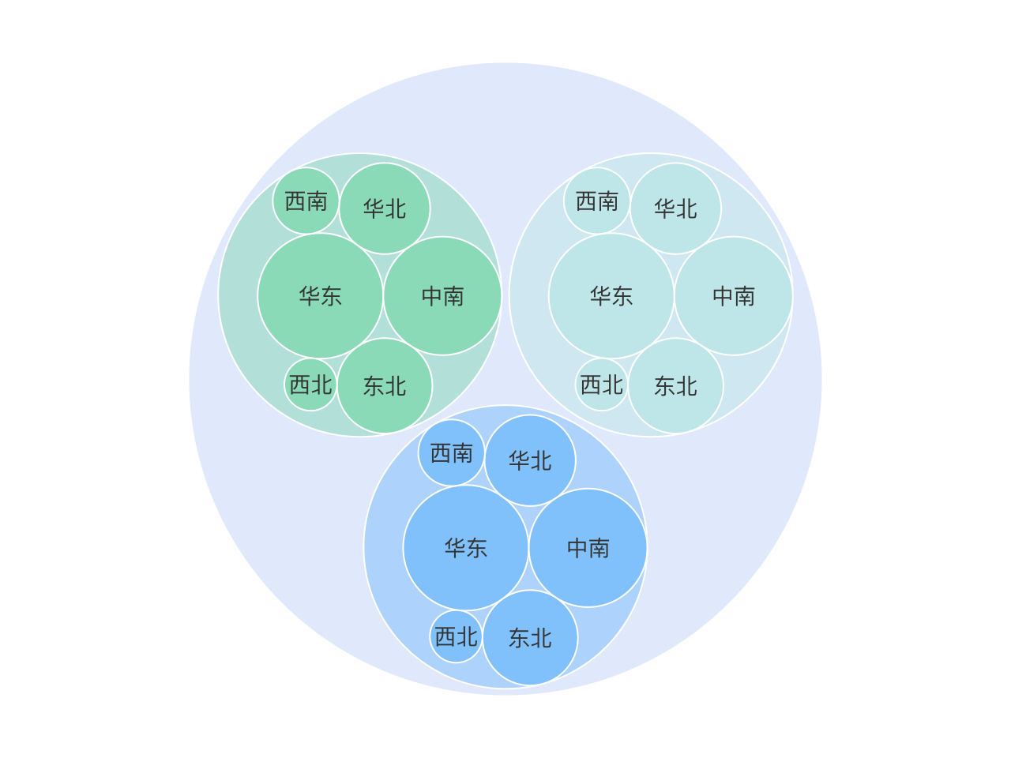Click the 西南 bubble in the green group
[x=306, y=201]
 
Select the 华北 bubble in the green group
[x=385, y=208]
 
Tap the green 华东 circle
[x=320, y=295]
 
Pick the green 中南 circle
[x=442, y=295]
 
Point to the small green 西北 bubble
[x=310, y=385]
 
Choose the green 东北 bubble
[x=385, y=385]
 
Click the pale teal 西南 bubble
[x=596, y=201]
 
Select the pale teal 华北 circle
[x=675, y=208]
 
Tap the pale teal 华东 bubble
[x=611, y=295]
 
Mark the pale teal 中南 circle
[x=733, y=295]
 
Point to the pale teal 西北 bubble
[x=602, y=385]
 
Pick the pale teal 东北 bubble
[x=675, y=385]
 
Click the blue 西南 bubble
[x=451, y=452]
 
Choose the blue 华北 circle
[x=530, y=460]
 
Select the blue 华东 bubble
[x=466, y=548]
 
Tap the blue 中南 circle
[x=588, y=548]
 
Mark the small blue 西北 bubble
[x=456, y=636]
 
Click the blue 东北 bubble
[x=530, y=638]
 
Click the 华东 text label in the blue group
[x=466, y=548]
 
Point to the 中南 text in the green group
[x=442, y=296]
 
